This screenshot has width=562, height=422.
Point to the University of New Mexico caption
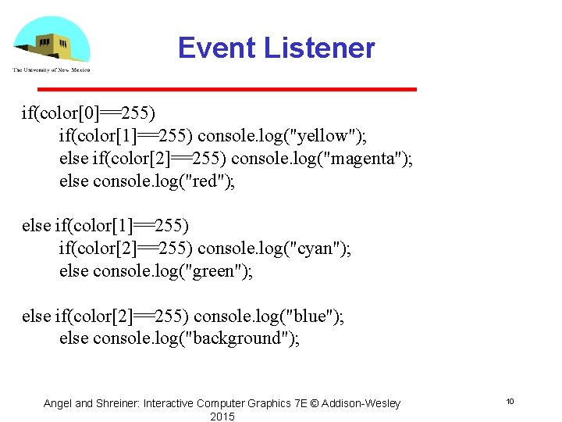[52, 70]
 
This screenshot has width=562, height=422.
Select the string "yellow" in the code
[326, 136]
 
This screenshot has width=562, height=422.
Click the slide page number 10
[509, 401]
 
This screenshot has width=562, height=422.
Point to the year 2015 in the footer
[222, 417]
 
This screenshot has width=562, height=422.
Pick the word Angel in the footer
[57, 403]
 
